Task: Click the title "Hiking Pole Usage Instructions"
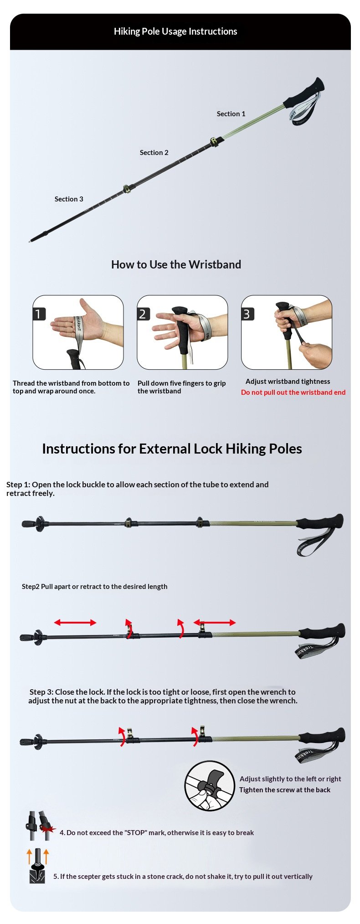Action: pos(175,31)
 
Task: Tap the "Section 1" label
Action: pos(231,114)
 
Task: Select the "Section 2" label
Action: pos(154,153)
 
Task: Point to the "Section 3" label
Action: pos(69,199)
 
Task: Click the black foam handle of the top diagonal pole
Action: pos(304,93)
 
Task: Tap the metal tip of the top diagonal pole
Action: pos(30,241)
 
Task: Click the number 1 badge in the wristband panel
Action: pos(39,314)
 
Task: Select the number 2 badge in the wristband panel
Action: pos(144,314)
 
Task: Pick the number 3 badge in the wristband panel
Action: pos(247,314)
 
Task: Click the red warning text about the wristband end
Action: pos(293,392)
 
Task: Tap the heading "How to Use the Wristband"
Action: pos(176,264)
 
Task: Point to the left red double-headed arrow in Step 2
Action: pos(75,623)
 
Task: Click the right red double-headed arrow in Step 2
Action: pos(215,622)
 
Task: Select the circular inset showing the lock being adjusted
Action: pos(210,785)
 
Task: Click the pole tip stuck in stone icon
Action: pos(37,866)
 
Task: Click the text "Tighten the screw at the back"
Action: pos(285,790)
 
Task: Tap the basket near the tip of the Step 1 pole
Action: pos(39,524)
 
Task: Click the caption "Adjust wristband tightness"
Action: pos(288,382)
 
